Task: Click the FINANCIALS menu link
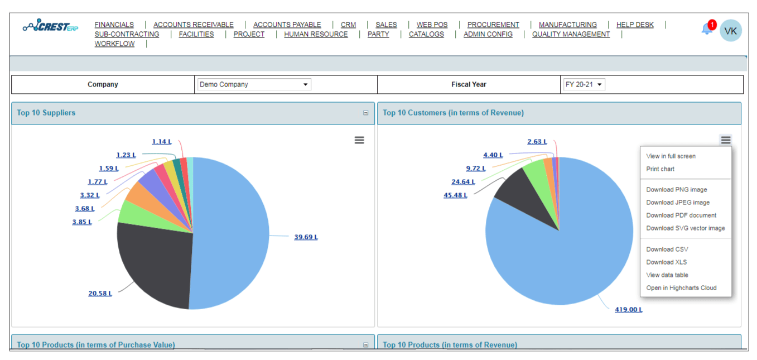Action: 114,25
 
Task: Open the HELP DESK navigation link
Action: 635,25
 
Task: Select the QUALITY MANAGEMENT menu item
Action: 571,34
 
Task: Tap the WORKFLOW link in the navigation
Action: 114,44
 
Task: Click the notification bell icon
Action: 707,29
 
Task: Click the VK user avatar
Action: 730,31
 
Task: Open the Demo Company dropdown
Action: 254,85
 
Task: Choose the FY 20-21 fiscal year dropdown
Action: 583,85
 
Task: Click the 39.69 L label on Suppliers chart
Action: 306,237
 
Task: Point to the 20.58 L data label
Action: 100,294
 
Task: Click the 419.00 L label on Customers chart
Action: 628,310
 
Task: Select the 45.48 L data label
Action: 455,195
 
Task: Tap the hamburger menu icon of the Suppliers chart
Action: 359,140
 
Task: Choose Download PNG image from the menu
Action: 676,190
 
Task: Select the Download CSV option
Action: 667,249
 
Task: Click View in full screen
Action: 671,156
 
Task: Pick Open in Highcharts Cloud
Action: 681,288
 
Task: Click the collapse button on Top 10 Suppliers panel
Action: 366,113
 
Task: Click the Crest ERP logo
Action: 50,27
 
